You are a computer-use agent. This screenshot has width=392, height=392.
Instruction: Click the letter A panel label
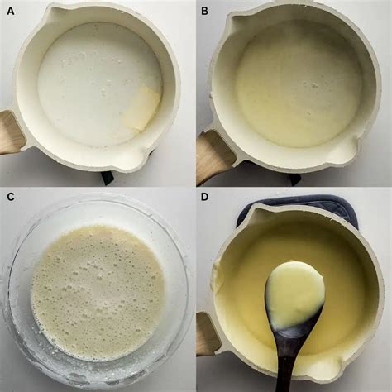click(x=11, y=11)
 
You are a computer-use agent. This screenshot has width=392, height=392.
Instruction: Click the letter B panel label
click(x=204, y=11)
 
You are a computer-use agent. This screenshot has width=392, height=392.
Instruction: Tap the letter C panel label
click(x=11, y=197)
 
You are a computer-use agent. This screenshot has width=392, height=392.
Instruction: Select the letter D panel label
click(x=205, y=197)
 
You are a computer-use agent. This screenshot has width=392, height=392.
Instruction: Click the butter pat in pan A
click(x=141, y=109)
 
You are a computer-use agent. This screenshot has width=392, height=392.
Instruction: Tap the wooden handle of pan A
click(x=11, y=131)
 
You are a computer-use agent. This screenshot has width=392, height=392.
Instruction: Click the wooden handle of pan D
click(x=205, y=333)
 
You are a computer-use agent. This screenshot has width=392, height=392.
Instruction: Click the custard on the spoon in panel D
click(x=294, y=292)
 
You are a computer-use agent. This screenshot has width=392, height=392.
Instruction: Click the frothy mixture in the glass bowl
click(x=98, y=292)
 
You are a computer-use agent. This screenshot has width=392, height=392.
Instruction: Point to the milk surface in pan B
click(x=299, y=90)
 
